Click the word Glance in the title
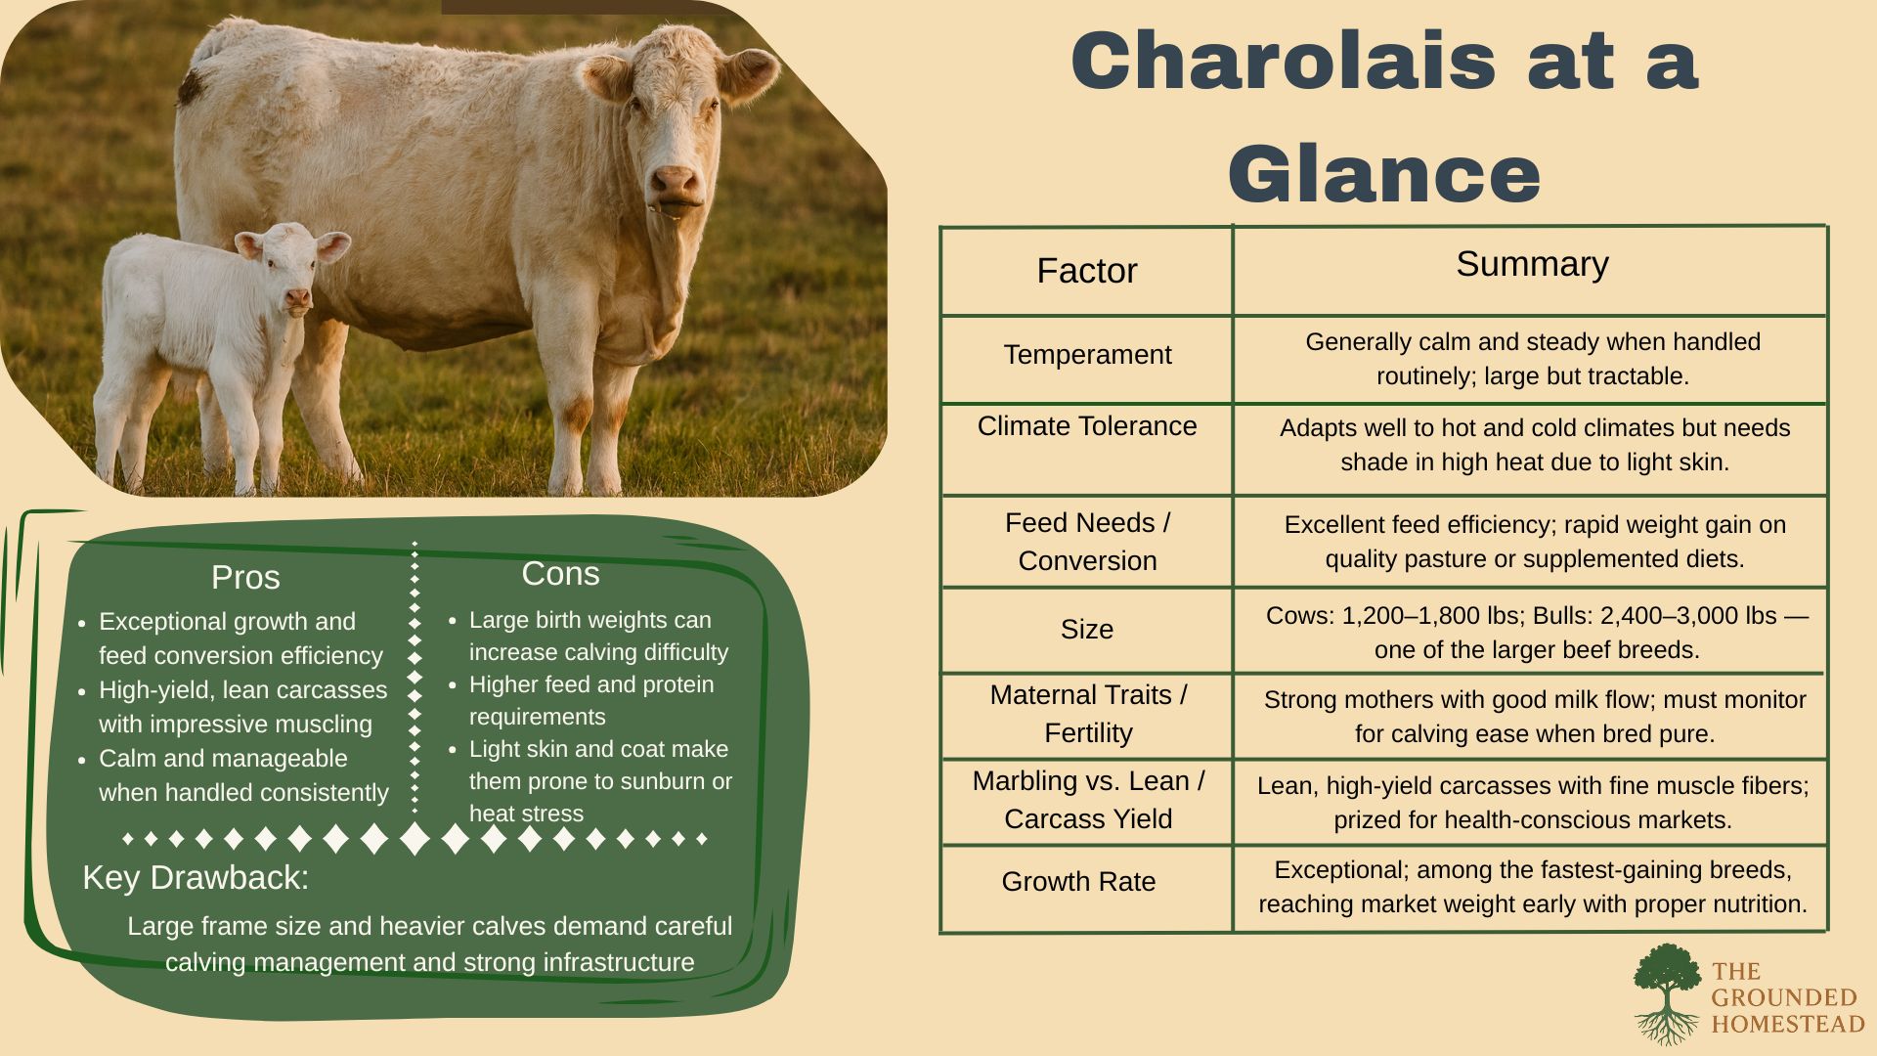[1384, 174]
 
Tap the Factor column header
[1087, 271]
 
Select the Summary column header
[1532, 264]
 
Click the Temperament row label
[1087, 354]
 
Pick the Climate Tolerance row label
[1087, 426]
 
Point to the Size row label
[1087, 629]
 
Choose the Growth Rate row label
[1078, 881]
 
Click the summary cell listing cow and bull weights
[1537, 633]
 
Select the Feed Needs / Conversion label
[1087, 542]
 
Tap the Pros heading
[245, 577]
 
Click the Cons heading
[560, 573]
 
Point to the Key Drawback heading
[196, 877]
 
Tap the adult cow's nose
[676, 182]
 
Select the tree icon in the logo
[1667, 992]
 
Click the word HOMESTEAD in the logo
[1788, 1024]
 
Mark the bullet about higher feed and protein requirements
[591, 700]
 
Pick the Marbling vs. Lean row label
[1088, 780]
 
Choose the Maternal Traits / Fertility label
[1088, 714]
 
